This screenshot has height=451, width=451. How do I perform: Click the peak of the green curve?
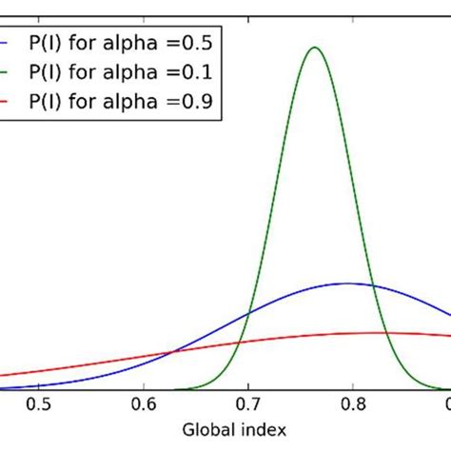[315, 48]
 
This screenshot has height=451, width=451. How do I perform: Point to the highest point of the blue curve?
[348, 284]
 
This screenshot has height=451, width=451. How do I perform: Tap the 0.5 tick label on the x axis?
[38, 403]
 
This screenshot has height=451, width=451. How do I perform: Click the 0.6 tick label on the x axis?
[144, 403]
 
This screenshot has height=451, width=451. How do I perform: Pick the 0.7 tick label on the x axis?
[248, 403]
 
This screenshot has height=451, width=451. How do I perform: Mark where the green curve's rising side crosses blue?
[249, 313]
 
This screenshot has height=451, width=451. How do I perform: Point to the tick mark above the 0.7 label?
[248, 385]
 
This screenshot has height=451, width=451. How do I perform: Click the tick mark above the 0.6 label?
[144, 385]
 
